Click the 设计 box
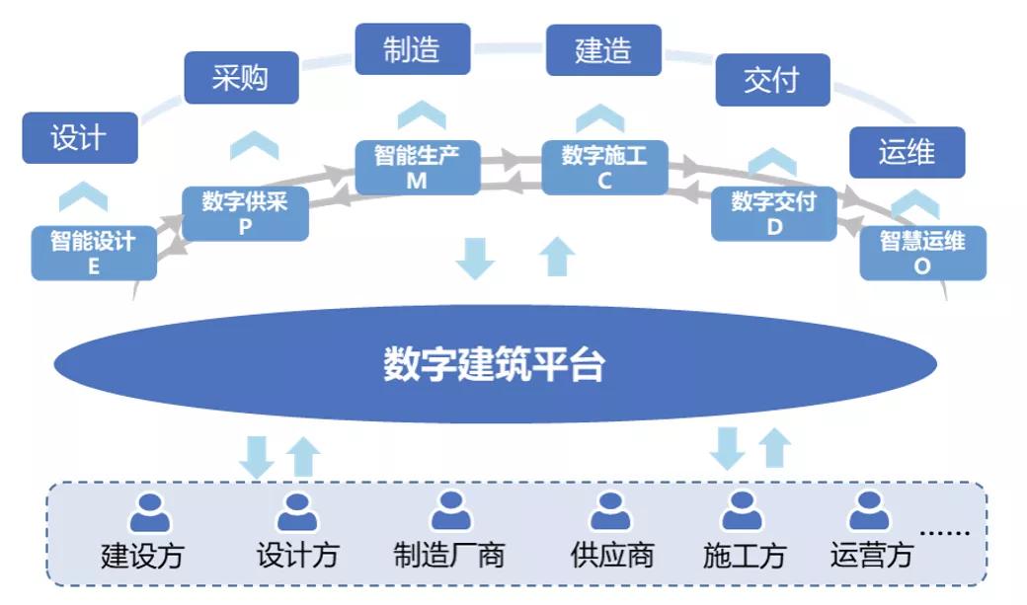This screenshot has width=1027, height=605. pyautogui.click(x=80, y=138)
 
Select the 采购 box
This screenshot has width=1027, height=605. pyautogui.click(x=241, y=78)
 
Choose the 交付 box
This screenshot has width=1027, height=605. pyautogui.click(x=772, y=80)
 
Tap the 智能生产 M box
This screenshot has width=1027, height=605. pyautogui.click(x=417, y=168)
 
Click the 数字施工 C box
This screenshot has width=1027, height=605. pyautogui.click(x=604, y=168)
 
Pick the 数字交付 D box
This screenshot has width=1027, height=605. pyautogui.click(x=774, y=213)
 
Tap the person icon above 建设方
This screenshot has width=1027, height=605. pyautogui.click(x=150, y=512)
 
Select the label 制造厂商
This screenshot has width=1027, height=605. pyautogui.click(x=449, y=555)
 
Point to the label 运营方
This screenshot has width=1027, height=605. pyautogui.click(x=871, y=555)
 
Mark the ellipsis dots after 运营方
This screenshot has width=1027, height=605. pyautogui.click(x=945, y=532)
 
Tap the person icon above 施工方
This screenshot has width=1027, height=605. pyautogui.click(x=742, y=512)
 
